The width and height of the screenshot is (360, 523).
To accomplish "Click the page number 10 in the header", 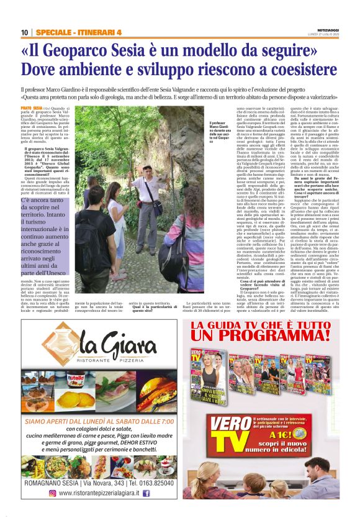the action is click(24, 33).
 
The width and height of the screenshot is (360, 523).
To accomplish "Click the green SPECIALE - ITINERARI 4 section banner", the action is click(78, 33).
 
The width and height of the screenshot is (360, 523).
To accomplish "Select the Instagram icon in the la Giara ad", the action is click(52, 493).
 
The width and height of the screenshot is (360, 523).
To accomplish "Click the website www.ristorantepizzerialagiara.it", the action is click(99, 493).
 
